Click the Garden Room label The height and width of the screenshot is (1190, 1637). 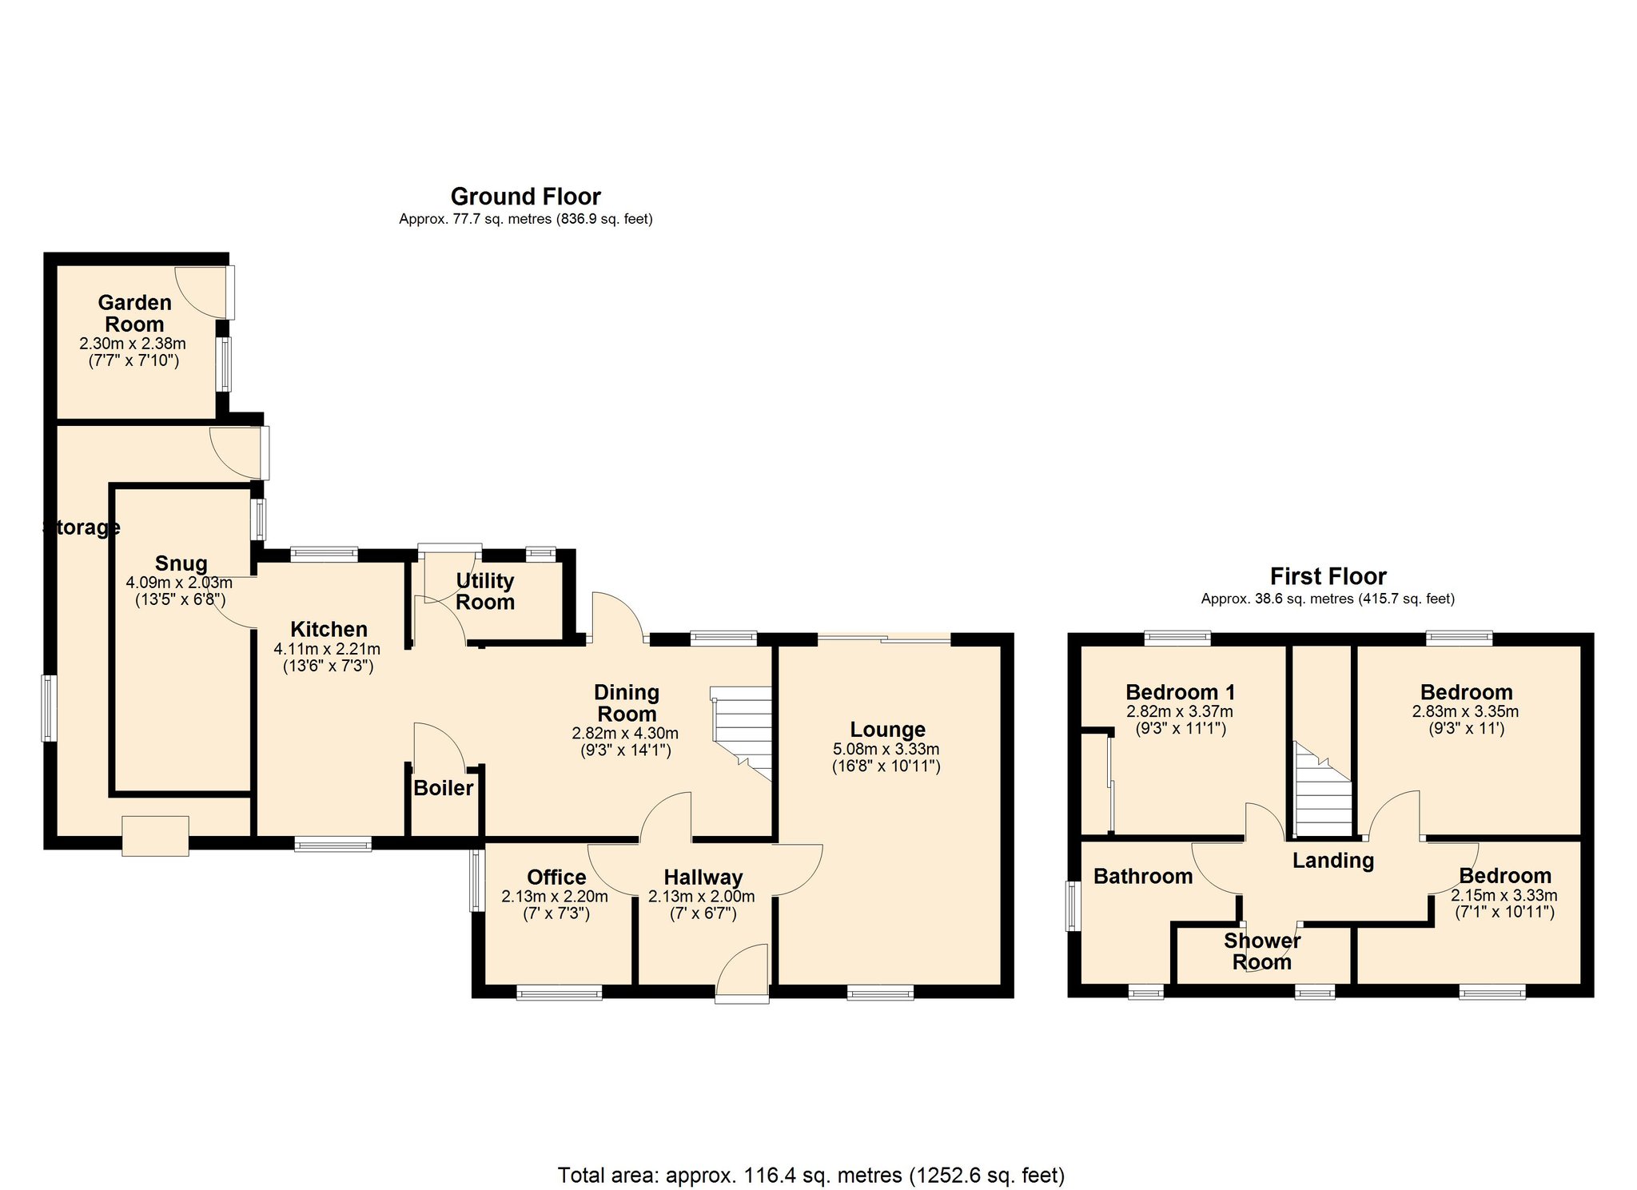tap(134, 313)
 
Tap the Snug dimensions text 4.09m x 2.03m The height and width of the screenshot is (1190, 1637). tap(179, 583)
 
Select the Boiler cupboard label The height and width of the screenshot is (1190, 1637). tap(443, 789)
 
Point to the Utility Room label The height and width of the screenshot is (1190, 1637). tap(484, 591)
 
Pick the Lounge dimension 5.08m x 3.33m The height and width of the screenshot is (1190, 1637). tap(886, 750)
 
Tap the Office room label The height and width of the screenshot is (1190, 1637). tap(556, 878)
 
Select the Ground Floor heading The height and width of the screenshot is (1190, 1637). tap(525, 197)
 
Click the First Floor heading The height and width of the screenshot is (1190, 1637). tap(1328, 576)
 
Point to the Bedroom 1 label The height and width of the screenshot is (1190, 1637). tap(1180, 692)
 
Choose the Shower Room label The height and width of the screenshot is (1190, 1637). tap(1261, 951)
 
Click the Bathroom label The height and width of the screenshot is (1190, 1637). tap(1142, 877)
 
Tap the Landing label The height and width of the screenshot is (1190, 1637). tap(1332, 861)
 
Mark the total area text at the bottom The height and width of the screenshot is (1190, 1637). tap(811, 1176)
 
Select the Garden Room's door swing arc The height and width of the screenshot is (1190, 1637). tap(197, 293)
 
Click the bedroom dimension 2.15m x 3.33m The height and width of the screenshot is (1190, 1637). tap(1504, 896)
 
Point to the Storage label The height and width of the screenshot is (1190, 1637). tap(81, 527)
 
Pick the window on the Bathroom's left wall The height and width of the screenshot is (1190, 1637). tap(1072, 906)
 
